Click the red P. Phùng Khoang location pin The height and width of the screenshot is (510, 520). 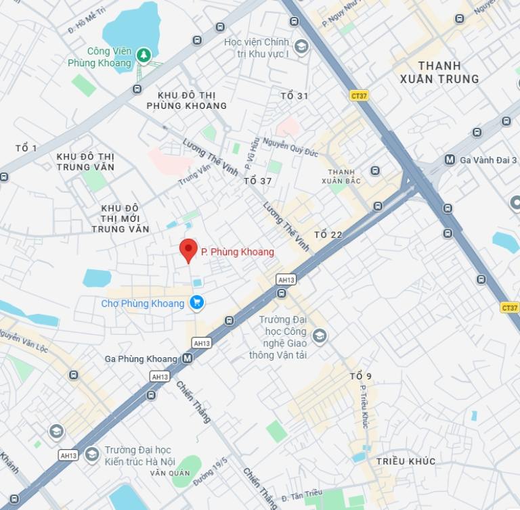188,250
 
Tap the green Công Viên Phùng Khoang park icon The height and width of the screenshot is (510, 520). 143,54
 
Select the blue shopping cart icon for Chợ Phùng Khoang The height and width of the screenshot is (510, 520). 196,302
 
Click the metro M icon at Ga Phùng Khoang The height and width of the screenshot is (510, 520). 187,358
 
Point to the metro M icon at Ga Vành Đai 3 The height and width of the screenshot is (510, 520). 450,160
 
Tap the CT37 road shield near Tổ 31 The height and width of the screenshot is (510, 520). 359,96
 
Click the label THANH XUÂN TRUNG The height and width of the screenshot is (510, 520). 439,72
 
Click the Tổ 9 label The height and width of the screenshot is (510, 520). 361,376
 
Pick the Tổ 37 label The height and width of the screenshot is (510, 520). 257,181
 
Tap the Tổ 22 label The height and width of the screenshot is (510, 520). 328,235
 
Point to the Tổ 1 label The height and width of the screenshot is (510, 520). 26,148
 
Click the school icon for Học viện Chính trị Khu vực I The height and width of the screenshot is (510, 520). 301,47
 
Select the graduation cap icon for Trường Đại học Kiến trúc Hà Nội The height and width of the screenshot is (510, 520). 92,453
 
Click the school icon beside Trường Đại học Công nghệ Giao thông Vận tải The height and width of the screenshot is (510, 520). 319,334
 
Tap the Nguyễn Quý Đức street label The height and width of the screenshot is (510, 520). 290,147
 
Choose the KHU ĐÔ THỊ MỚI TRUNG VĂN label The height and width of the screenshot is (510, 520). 121,218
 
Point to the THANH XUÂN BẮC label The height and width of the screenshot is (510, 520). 341,177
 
